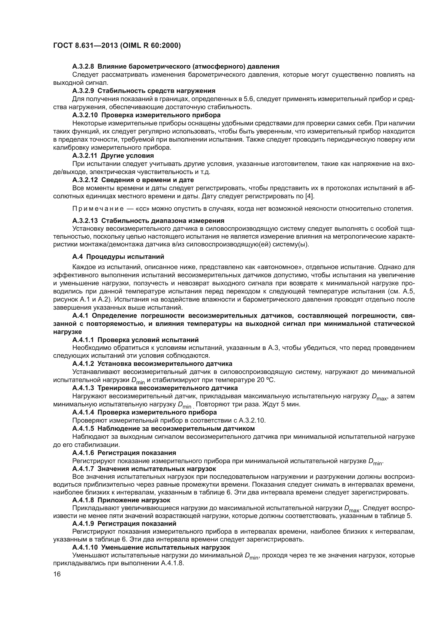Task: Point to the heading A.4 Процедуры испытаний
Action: [118, 256]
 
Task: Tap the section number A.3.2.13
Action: [85, 220]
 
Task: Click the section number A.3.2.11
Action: [85, 156]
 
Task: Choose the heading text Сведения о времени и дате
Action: [148, 180]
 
